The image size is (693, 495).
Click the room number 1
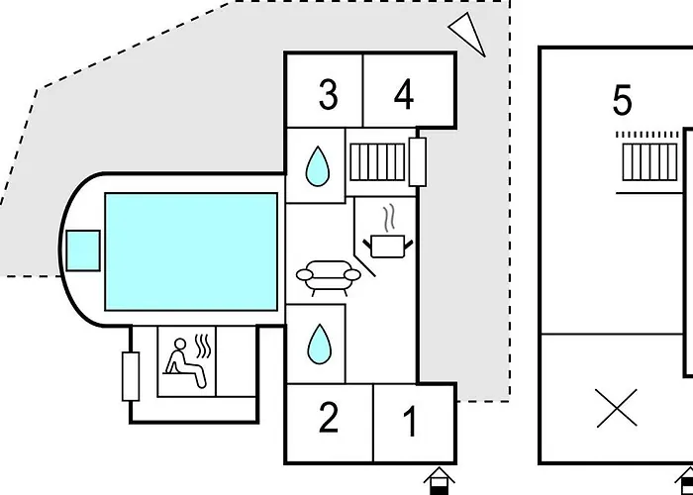(x=411, y=423)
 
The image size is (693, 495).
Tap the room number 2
(x=328, y=418)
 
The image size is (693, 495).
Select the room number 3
(x=328, y=95)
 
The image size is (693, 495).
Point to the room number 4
(x=403, y=95)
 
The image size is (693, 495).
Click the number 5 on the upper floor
(x=622, y=101)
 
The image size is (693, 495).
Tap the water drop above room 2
(x=317, y=344)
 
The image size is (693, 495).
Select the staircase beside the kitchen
(x=378, y=159)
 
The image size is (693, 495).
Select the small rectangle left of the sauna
(x=131, y=376)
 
